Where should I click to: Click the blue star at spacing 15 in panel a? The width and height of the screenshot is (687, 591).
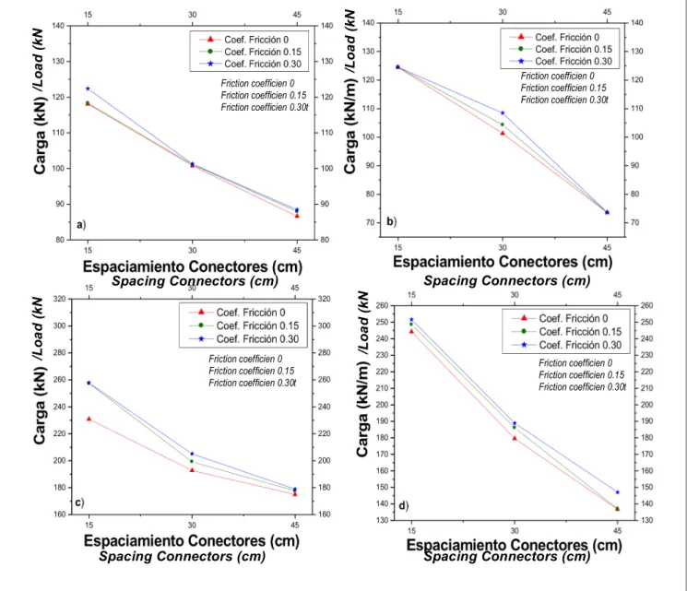(88, 89)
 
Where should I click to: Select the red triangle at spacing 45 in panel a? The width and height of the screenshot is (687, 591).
(297, 216)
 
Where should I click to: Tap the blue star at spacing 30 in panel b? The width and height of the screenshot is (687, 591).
(503, 113)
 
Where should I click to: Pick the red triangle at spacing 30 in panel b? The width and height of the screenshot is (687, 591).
(503, 133)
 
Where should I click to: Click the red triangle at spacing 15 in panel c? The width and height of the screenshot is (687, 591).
(89, 419)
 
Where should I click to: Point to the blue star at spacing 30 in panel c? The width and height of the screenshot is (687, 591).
(192, 454)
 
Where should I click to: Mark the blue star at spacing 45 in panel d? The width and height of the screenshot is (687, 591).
(618, 492)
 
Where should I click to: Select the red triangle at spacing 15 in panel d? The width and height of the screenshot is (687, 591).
(411, 331)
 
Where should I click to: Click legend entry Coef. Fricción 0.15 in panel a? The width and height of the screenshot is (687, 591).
(263, 52)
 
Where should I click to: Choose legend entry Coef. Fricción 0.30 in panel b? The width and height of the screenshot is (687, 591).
(574, 61)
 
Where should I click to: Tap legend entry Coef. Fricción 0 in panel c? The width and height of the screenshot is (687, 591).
(251, 313)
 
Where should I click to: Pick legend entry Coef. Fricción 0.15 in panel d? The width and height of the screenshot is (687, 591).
(580, 332)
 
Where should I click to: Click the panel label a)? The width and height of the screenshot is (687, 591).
(81, 225)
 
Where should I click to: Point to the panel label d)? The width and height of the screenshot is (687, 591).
(404, 506)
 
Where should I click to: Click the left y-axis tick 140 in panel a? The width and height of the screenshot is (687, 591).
(58, 26)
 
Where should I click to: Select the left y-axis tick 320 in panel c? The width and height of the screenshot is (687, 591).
(59, 299)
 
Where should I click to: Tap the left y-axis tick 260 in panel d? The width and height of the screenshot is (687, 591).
(383, 305)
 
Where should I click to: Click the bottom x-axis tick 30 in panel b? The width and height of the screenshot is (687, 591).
(503, 247)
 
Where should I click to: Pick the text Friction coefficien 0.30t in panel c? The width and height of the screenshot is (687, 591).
(253, 383)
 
